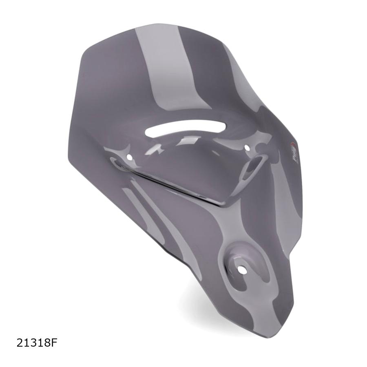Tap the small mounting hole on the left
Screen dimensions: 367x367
pos(129,157)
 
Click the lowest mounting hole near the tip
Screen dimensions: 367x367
pos(242,270)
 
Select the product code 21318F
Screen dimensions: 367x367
pos(37,343)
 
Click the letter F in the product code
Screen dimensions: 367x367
pos(53,343)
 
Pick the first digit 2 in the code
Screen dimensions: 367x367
pos(20,343)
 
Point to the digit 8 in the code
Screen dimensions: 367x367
pos(46,343)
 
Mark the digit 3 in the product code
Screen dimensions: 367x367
pos(33,343)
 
